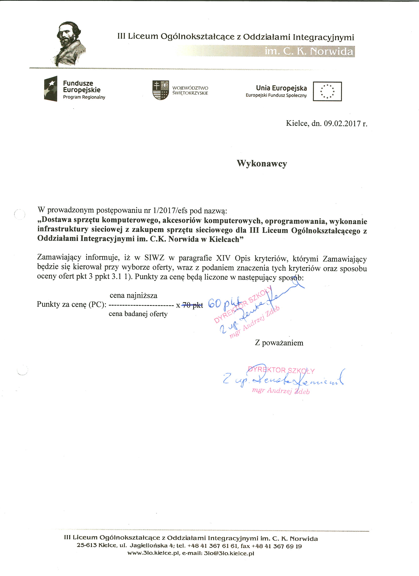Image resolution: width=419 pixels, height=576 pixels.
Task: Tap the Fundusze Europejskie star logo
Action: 51,89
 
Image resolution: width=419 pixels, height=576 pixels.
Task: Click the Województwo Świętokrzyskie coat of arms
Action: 160,90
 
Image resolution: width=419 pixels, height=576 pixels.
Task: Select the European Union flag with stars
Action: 327,92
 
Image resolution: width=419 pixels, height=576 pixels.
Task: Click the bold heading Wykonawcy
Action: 262,163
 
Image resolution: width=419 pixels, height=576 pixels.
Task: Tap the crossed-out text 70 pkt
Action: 193,305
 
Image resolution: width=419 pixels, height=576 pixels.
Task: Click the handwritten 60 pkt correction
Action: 224,303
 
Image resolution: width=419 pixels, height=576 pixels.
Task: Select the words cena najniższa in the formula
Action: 134,295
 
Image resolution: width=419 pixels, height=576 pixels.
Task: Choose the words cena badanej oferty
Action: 138,314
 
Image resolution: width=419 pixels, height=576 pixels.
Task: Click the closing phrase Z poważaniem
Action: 279,343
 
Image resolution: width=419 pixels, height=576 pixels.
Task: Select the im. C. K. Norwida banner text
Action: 309,52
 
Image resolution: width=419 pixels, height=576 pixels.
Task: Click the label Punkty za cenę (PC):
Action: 71,304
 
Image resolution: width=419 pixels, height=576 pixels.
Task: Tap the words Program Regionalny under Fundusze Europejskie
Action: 84,97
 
